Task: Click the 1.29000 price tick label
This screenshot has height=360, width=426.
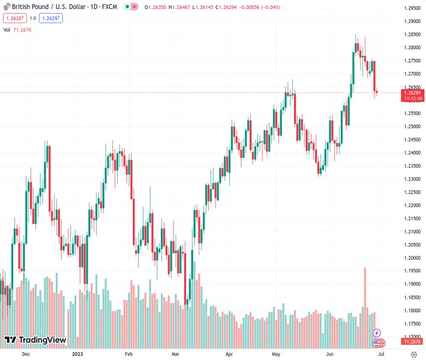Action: (412, 21)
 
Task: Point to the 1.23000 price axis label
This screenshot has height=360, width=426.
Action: (412, 179)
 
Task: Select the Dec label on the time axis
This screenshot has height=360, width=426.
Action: (25, 354)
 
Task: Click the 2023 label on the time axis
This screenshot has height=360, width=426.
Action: (77, 354)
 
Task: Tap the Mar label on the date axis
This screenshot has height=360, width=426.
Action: (175, 354)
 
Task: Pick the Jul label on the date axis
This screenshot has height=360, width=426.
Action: (381, 354)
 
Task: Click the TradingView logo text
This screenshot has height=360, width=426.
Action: (42, 340)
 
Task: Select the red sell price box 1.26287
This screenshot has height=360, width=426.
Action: (14, 18)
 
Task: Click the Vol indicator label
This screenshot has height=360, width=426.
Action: (7, 29)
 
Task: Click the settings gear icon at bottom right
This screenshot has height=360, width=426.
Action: (413, 354)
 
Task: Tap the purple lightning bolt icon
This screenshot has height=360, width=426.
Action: (377, 332)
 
